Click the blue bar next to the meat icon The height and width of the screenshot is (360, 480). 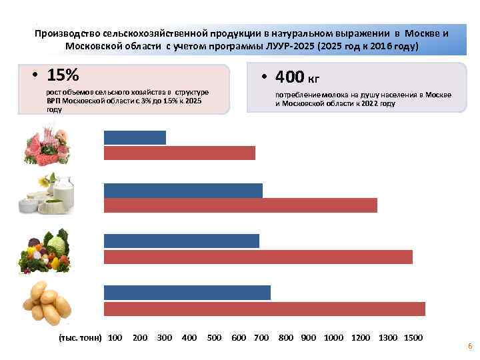(x=135, y=137)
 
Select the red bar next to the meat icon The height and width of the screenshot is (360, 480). (x=179, y=153)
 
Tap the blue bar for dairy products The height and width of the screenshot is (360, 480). (x=183, y=190)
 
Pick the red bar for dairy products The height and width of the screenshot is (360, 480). (x=240, y=205)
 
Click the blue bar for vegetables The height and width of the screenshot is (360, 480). (x=181, y=241)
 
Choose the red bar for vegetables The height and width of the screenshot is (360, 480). (x=258, y=257)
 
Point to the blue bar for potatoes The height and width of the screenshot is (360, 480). (x=187, y=292)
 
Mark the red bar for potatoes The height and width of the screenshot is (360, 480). (x=264, y=308)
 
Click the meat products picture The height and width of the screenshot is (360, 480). (x=45, y=145)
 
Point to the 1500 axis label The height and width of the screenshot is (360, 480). (x=413, y=338)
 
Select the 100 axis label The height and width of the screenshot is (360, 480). (x=115, y=338)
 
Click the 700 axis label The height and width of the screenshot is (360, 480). (x=261, y=338)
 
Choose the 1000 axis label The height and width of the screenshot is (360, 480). (x=333, y=338)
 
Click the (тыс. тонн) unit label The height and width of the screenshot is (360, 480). (x=81, y=338)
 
